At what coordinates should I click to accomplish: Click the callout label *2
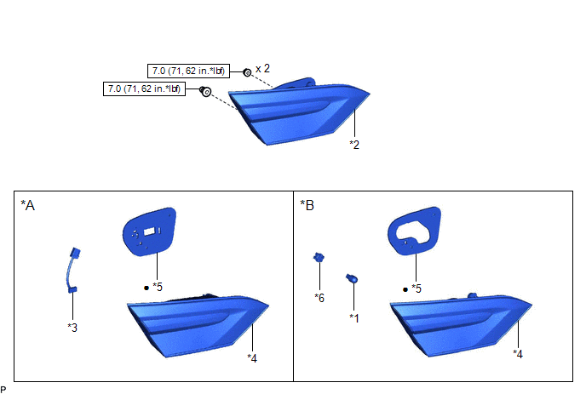(x=354, y=145)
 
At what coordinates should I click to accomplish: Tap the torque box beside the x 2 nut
(x=189, y=71)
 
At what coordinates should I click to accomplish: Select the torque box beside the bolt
(x=144, y=89)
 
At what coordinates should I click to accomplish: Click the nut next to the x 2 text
(x=247, y=72)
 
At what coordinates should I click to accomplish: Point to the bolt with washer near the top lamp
(x=205, y=91)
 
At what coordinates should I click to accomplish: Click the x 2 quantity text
(x=262, y=68)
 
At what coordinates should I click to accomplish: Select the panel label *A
(x=27, y=205)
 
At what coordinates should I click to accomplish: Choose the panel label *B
(x=307, y=205)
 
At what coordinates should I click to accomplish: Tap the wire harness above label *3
(x=72, y=271)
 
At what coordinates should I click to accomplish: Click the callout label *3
(x=72, y=328)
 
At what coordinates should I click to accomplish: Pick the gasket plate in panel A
(x=149, y=231)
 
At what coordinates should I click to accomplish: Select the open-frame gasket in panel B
(x=414, y=231)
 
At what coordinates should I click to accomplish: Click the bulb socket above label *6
(x=319, y=257)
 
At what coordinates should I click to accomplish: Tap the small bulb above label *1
(x=352, y=278)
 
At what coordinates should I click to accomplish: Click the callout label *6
(x=319, y=298)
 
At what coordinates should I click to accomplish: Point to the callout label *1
(x=354, y=317)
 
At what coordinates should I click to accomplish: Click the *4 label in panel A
(x=252, y=358)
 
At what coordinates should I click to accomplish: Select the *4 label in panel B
(x=518, y=354)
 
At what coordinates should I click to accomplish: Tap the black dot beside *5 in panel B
(x=405, y=289)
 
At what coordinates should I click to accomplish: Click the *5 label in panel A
(x=158, y=287)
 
